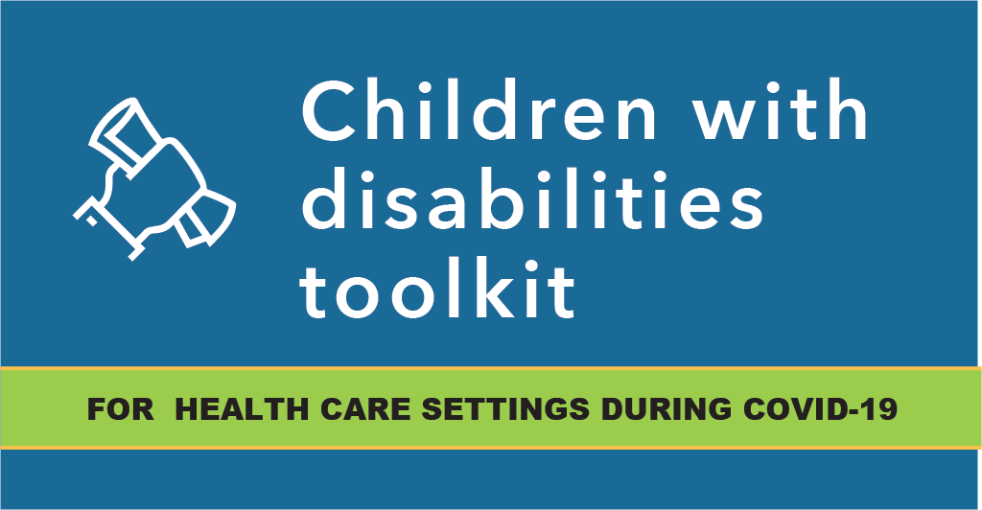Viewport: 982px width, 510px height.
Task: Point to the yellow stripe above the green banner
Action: pos(491,368)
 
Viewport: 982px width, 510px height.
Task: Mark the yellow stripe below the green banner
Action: pos(491,448)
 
